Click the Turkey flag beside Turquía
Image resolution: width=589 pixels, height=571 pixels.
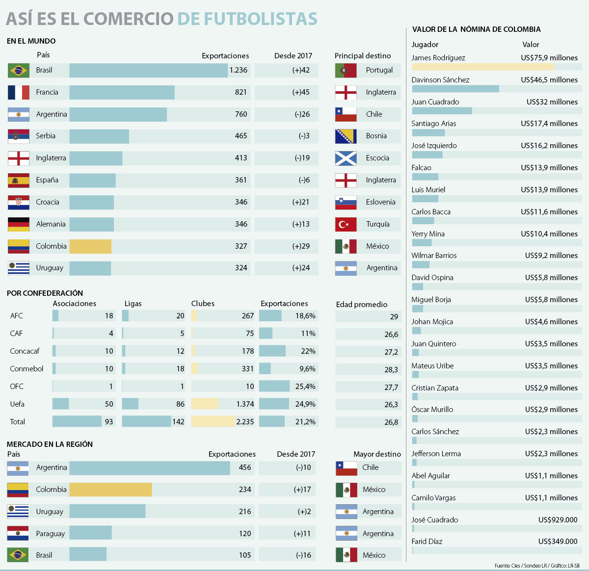point(346,224)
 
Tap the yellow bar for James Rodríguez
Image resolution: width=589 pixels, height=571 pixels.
point(482,67)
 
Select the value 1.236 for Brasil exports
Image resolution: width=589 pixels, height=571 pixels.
point(239,70)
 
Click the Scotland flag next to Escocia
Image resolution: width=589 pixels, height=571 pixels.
point(346,158)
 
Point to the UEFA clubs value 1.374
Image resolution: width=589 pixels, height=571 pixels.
point(245,404)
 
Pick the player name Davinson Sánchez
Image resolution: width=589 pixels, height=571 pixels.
point(440,80)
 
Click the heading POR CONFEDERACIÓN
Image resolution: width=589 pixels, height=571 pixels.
point(45,293)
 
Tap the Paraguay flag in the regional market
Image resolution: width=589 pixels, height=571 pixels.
point(18,533)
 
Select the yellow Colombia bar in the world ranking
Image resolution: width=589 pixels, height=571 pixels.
point(90,246)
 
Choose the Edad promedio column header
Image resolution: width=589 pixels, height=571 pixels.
point(362,305)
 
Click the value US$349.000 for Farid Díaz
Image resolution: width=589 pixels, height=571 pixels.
point(558,542)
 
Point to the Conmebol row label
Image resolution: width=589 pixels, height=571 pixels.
point(27,369)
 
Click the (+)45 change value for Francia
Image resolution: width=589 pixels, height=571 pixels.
point(301,92)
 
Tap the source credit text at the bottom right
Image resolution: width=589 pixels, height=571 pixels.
point(537,566)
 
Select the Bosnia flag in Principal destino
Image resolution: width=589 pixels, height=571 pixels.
point(346,136)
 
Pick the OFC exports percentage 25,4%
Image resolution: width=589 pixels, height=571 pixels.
point(305,387)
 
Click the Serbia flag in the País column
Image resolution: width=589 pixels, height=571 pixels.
point(18,136)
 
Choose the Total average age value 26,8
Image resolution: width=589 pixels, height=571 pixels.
point(391,422)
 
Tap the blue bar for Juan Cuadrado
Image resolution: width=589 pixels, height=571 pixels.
point(442,111)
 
